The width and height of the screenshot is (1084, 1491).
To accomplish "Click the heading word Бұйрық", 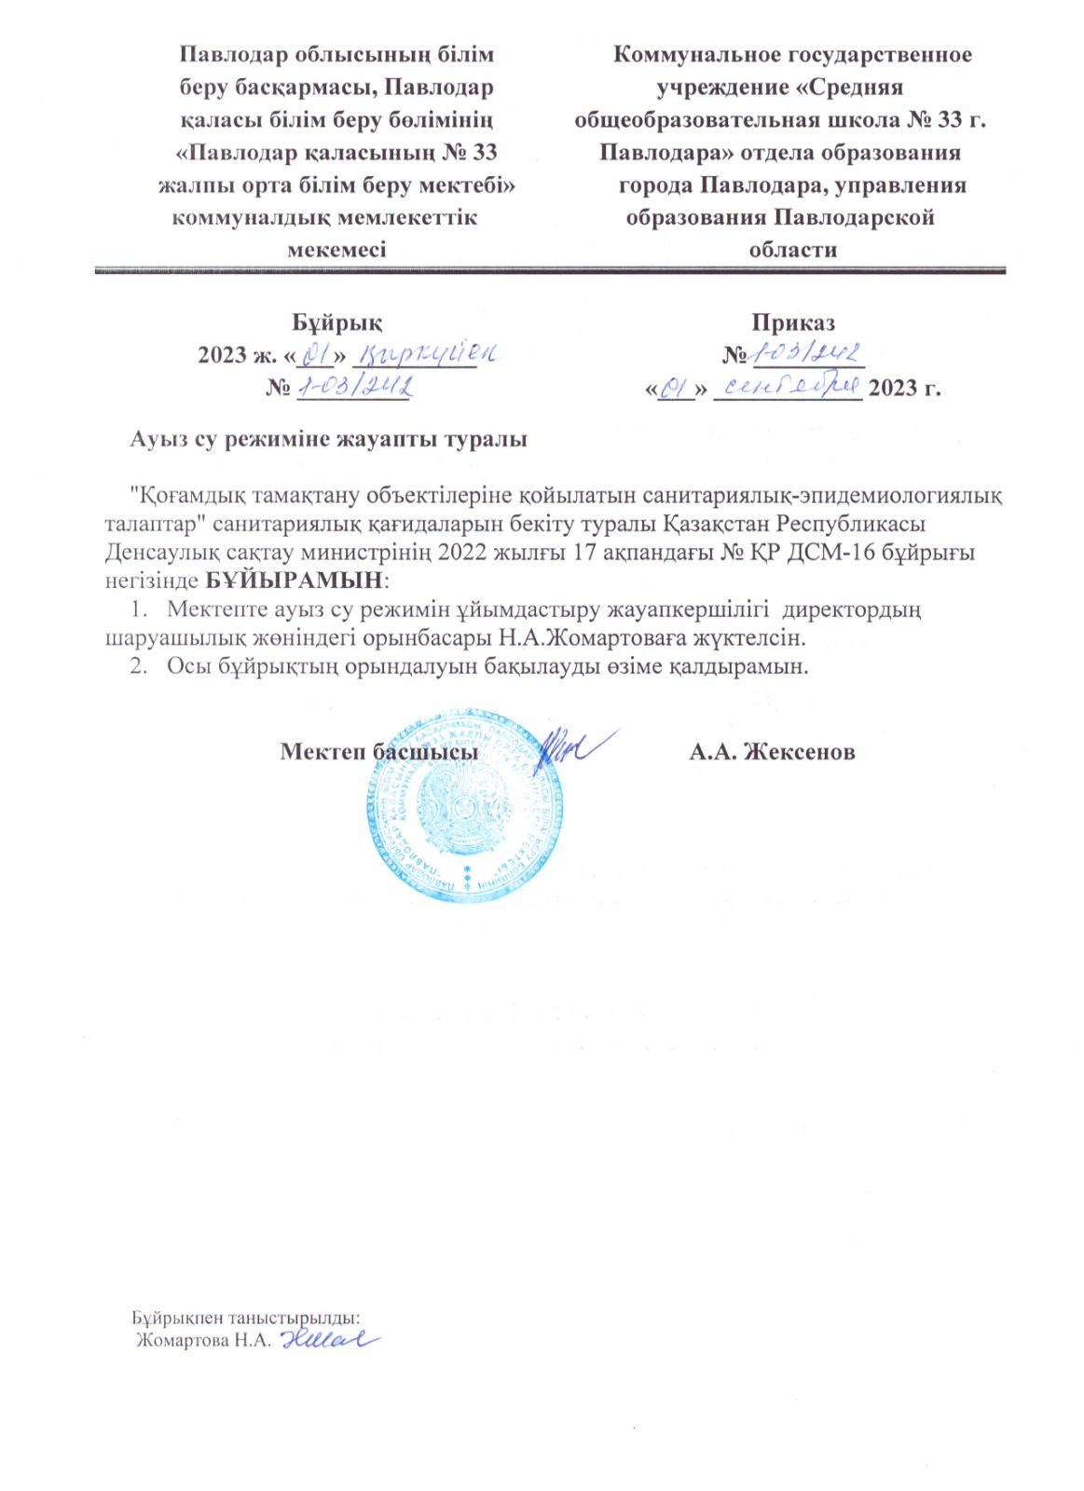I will [336, 322].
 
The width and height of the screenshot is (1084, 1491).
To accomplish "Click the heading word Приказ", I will [793, 322].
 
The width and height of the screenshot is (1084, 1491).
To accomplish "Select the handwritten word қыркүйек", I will [430, 354].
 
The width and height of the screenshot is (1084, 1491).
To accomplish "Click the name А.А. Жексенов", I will [772, 752].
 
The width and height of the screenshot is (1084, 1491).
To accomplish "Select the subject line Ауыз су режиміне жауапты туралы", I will [328, 439].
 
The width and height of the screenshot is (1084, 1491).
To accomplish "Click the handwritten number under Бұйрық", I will [354, 386].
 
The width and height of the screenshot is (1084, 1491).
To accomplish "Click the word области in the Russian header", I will [792, 250].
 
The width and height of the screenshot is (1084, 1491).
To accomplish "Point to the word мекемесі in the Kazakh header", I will [336, 250].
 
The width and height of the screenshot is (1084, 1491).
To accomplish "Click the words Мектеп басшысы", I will [379, 752].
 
